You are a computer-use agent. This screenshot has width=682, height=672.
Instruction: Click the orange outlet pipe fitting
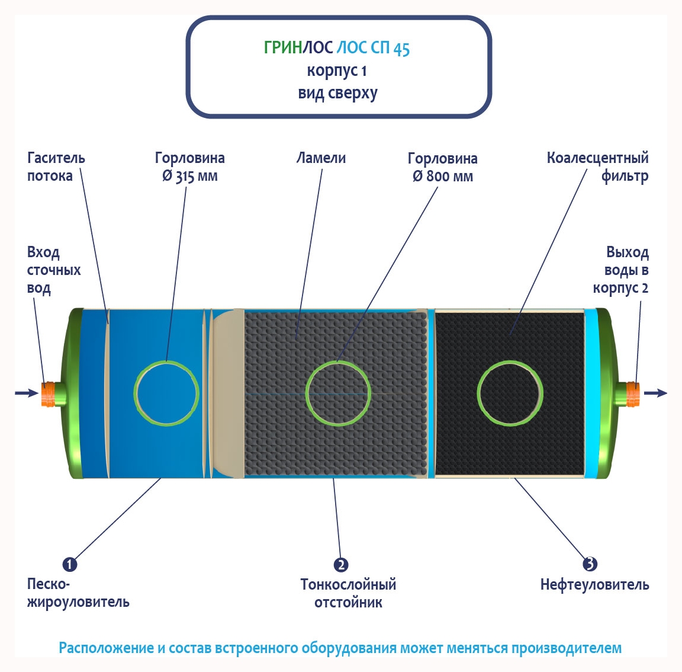(633, 394)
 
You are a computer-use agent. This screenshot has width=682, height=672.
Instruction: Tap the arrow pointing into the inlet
(25, 392)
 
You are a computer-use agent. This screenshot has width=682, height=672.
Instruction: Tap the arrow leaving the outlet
(656, 392)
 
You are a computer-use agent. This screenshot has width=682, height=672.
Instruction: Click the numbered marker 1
(70, 564)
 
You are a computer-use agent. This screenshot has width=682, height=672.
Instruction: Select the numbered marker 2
(340, 565)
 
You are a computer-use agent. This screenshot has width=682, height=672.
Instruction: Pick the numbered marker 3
(590, 564)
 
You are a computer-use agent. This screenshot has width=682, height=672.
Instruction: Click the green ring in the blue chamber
(166, 363)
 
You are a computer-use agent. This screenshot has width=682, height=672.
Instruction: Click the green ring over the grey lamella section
(338, 363)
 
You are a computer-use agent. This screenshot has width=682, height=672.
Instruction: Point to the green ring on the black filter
(510, 363)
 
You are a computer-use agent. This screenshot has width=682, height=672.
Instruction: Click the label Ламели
(321, 158)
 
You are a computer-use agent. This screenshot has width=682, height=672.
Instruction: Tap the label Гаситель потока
(56, 167)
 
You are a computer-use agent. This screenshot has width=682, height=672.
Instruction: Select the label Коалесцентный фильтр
(597, 167)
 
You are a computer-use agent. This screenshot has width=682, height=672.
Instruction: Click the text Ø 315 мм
(190, 177)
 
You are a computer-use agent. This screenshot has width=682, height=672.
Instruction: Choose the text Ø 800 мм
(443, 177)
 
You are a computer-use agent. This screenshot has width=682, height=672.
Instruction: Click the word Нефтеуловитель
(594, 585)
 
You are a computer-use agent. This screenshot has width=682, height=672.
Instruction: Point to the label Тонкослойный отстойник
(348, 593)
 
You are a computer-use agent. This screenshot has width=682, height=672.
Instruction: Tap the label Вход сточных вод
(53, 270)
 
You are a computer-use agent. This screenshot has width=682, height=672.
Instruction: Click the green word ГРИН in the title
(283, 48)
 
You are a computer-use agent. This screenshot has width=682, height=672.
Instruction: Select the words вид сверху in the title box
(337, 94)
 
